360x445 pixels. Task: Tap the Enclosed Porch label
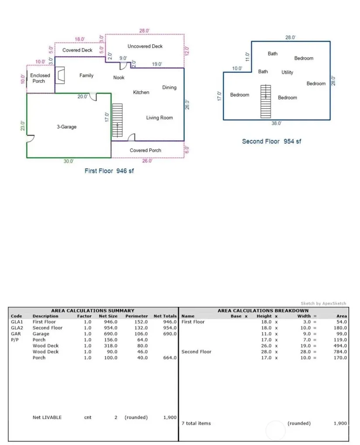[40, 78]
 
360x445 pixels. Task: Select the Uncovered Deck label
[145, 46]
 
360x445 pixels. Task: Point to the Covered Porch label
[145, 151]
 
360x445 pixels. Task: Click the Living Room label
[159, 118]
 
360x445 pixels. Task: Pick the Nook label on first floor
[119, 78]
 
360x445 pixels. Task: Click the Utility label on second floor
[287, 72]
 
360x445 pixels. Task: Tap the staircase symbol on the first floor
[117, 120]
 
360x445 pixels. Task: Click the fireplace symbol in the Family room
[60, 75]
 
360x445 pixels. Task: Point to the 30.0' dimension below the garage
[69, 161]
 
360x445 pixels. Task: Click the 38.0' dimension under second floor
[276, 123]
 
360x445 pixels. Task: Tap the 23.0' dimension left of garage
[23, 126]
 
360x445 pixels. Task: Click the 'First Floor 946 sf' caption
[109, 171]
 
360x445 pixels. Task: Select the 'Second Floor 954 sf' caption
[271, 141]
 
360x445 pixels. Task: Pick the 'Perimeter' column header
[137, 316]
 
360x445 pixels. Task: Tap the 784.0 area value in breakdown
[340, 352]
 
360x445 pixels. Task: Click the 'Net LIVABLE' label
[47, 418]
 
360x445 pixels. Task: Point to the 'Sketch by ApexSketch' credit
[323, 303]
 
